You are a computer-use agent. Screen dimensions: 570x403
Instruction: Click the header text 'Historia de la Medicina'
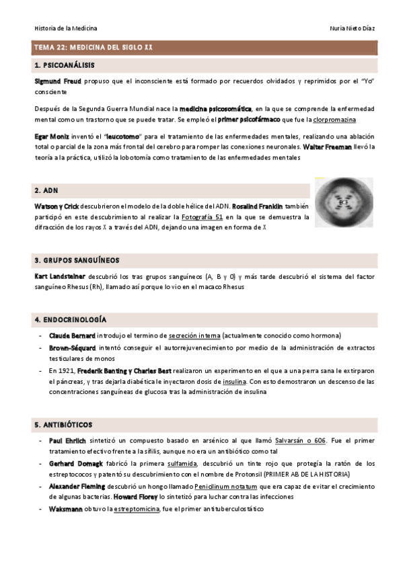(x=65, y=28)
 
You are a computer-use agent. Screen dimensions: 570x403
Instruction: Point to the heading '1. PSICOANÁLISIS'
(x=64, y=66)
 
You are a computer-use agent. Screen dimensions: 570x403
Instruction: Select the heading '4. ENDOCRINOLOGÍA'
(x=70, y=319)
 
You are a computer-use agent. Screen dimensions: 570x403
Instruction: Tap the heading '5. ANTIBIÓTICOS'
(x=63, y=425)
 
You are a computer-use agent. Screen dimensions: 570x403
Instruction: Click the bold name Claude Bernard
(x=72, y=335)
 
